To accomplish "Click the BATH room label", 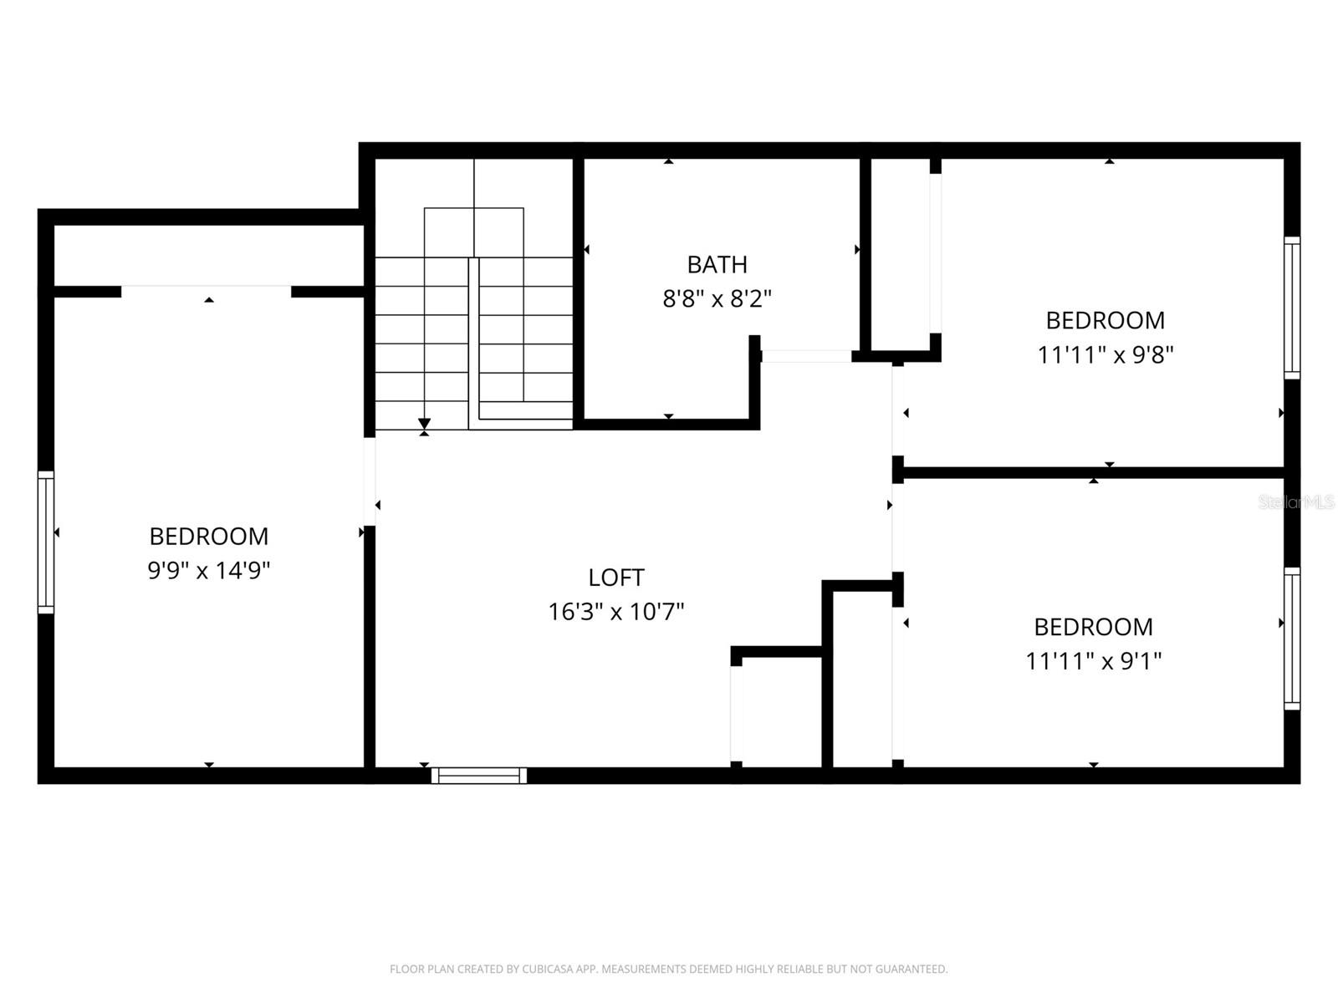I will click(717, 264).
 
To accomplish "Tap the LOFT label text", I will click(616, 578).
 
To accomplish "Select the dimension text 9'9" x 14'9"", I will click(209, 570).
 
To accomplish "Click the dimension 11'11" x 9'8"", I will click(1106, 354).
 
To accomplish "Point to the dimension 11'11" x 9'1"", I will click(1094, 661).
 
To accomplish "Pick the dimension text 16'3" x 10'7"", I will click(616, 612).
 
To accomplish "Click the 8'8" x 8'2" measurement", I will click(717, 298).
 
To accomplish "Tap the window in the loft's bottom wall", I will click(479, 776).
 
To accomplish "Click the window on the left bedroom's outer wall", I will click(46, 542).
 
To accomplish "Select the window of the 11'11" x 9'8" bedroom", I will click(1292, 308).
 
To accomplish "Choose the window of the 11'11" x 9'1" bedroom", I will click(1292, 639).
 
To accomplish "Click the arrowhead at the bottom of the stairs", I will click(424, 424).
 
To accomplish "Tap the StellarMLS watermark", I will click(1296, 502).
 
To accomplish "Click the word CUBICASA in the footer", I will click(549, 970).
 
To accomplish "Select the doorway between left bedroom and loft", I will click(370, 481).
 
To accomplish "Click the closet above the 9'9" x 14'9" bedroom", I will click(209, 255).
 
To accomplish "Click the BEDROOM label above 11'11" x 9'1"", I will click(1094, 627).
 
